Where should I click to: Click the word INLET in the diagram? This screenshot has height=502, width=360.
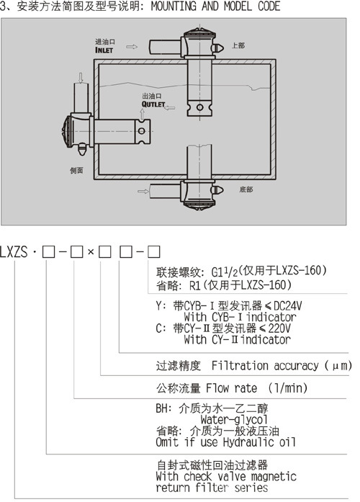(104, 50)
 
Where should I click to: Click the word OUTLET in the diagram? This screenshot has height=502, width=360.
(153, 104)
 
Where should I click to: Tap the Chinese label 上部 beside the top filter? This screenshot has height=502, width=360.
(238, 45)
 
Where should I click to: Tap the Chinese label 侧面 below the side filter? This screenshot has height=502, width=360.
(76, 170)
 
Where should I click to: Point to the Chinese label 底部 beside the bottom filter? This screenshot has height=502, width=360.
(246, 189)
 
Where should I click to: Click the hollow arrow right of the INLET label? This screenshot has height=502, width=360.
(132, 47)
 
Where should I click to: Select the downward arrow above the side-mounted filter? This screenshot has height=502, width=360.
(81, 78)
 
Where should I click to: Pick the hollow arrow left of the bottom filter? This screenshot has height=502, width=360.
(143, 191)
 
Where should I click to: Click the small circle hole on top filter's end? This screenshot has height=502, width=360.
(199, 107)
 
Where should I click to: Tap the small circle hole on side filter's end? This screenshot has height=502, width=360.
(141, 130)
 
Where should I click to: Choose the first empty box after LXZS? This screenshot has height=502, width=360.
(48, 252)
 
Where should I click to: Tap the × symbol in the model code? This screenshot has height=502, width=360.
(91, 252)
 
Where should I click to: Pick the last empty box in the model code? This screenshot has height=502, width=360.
(153, 252)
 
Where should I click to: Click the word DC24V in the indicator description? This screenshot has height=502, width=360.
(287, 306)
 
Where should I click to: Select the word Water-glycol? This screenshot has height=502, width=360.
(234, 419)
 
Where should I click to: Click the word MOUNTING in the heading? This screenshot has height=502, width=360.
(174, 6)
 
